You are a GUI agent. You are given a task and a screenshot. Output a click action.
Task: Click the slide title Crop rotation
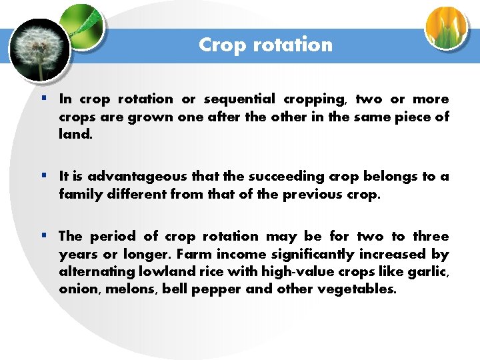(265, 45)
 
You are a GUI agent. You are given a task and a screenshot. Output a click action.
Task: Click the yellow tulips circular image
(447, 28)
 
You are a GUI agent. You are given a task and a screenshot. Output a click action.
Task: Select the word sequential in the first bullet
(239, 99)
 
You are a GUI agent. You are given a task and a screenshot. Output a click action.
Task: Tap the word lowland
(163, 272)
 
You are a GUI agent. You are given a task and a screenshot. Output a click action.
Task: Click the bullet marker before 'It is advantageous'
(43, 177)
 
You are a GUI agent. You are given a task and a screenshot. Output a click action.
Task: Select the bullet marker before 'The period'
(43, 236)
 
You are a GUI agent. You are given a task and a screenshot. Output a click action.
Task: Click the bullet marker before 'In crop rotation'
(43, 99)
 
